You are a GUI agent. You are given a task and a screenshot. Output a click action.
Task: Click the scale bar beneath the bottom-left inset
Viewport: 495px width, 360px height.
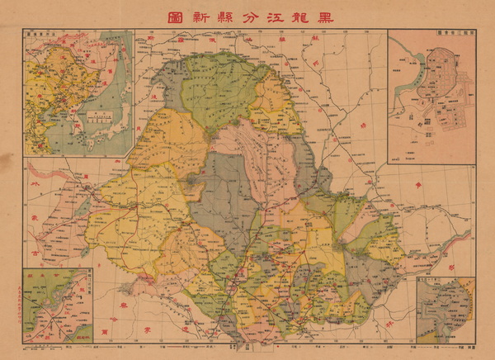click(58, 348)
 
